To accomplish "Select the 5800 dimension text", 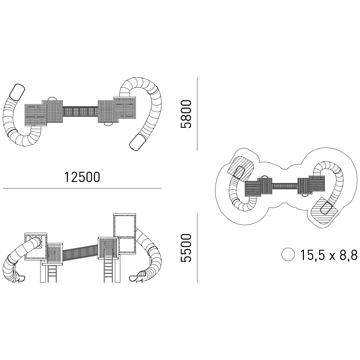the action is click(x=186, y=114).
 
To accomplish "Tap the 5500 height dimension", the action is click(x=186, y=248).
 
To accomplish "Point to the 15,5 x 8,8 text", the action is click(x=329, y=254).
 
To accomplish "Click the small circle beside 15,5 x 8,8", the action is click(x=288, y=254).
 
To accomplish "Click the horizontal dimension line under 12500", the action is click(x=82, y=188).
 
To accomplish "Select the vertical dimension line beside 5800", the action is click(x=197, y=114).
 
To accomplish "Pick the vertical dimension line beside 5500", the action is click(x=197, y=248).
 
